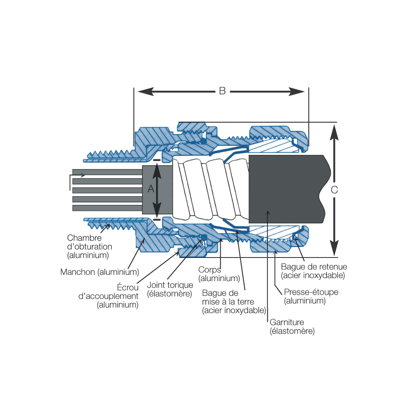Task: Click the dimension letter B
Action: click(x=222, y=91)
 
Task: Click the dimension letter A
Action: click(x=151, y=189)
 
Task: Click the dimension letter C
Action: click(x=335, y=190)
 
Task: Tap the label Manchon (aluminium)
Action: click(x=99, y=272)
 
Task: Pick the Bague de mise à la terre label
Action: click(x=233, y=301)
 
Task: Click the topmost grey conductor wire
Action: click(x=108, y=172)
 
